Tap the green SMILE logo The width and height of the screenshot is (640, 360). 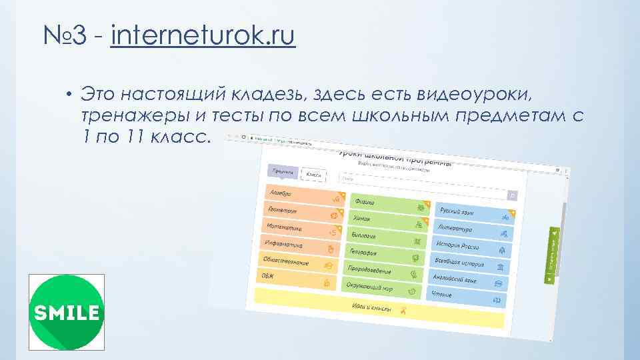(x=66, y=312)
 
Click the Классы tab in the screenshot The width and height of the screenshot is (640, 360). (x=313, y=174)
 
